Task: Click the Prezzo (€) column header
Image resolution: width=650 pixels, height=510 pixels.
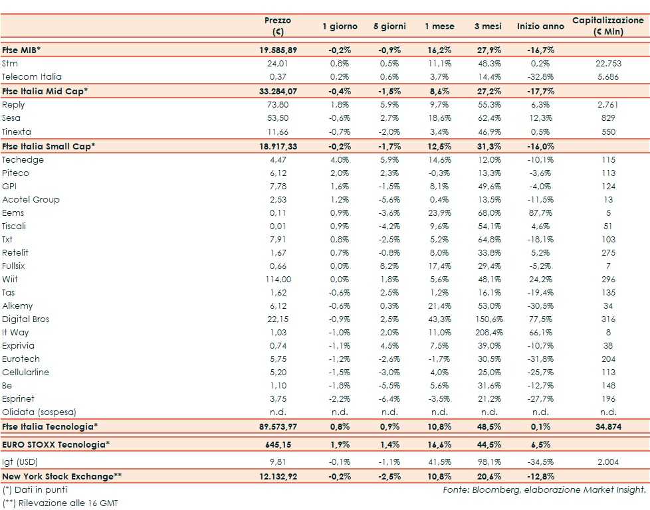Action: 278,26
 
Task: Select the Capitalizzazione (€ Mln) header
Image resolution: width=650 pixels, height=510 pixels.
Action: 607,26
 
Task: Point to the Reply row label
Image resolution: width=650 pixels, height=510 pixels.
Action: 13,105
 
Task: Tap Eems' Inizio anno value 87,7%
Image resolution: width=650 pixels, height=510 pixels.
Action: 539,212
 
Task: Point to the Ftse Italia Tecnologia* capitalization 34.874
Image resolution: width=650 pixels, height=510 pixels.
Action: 607,426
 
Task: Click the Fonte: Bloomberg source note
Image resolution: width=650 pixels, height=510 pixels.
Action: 544,489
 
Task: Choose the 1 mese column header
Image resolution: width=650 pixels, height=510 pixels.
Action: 439,26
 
